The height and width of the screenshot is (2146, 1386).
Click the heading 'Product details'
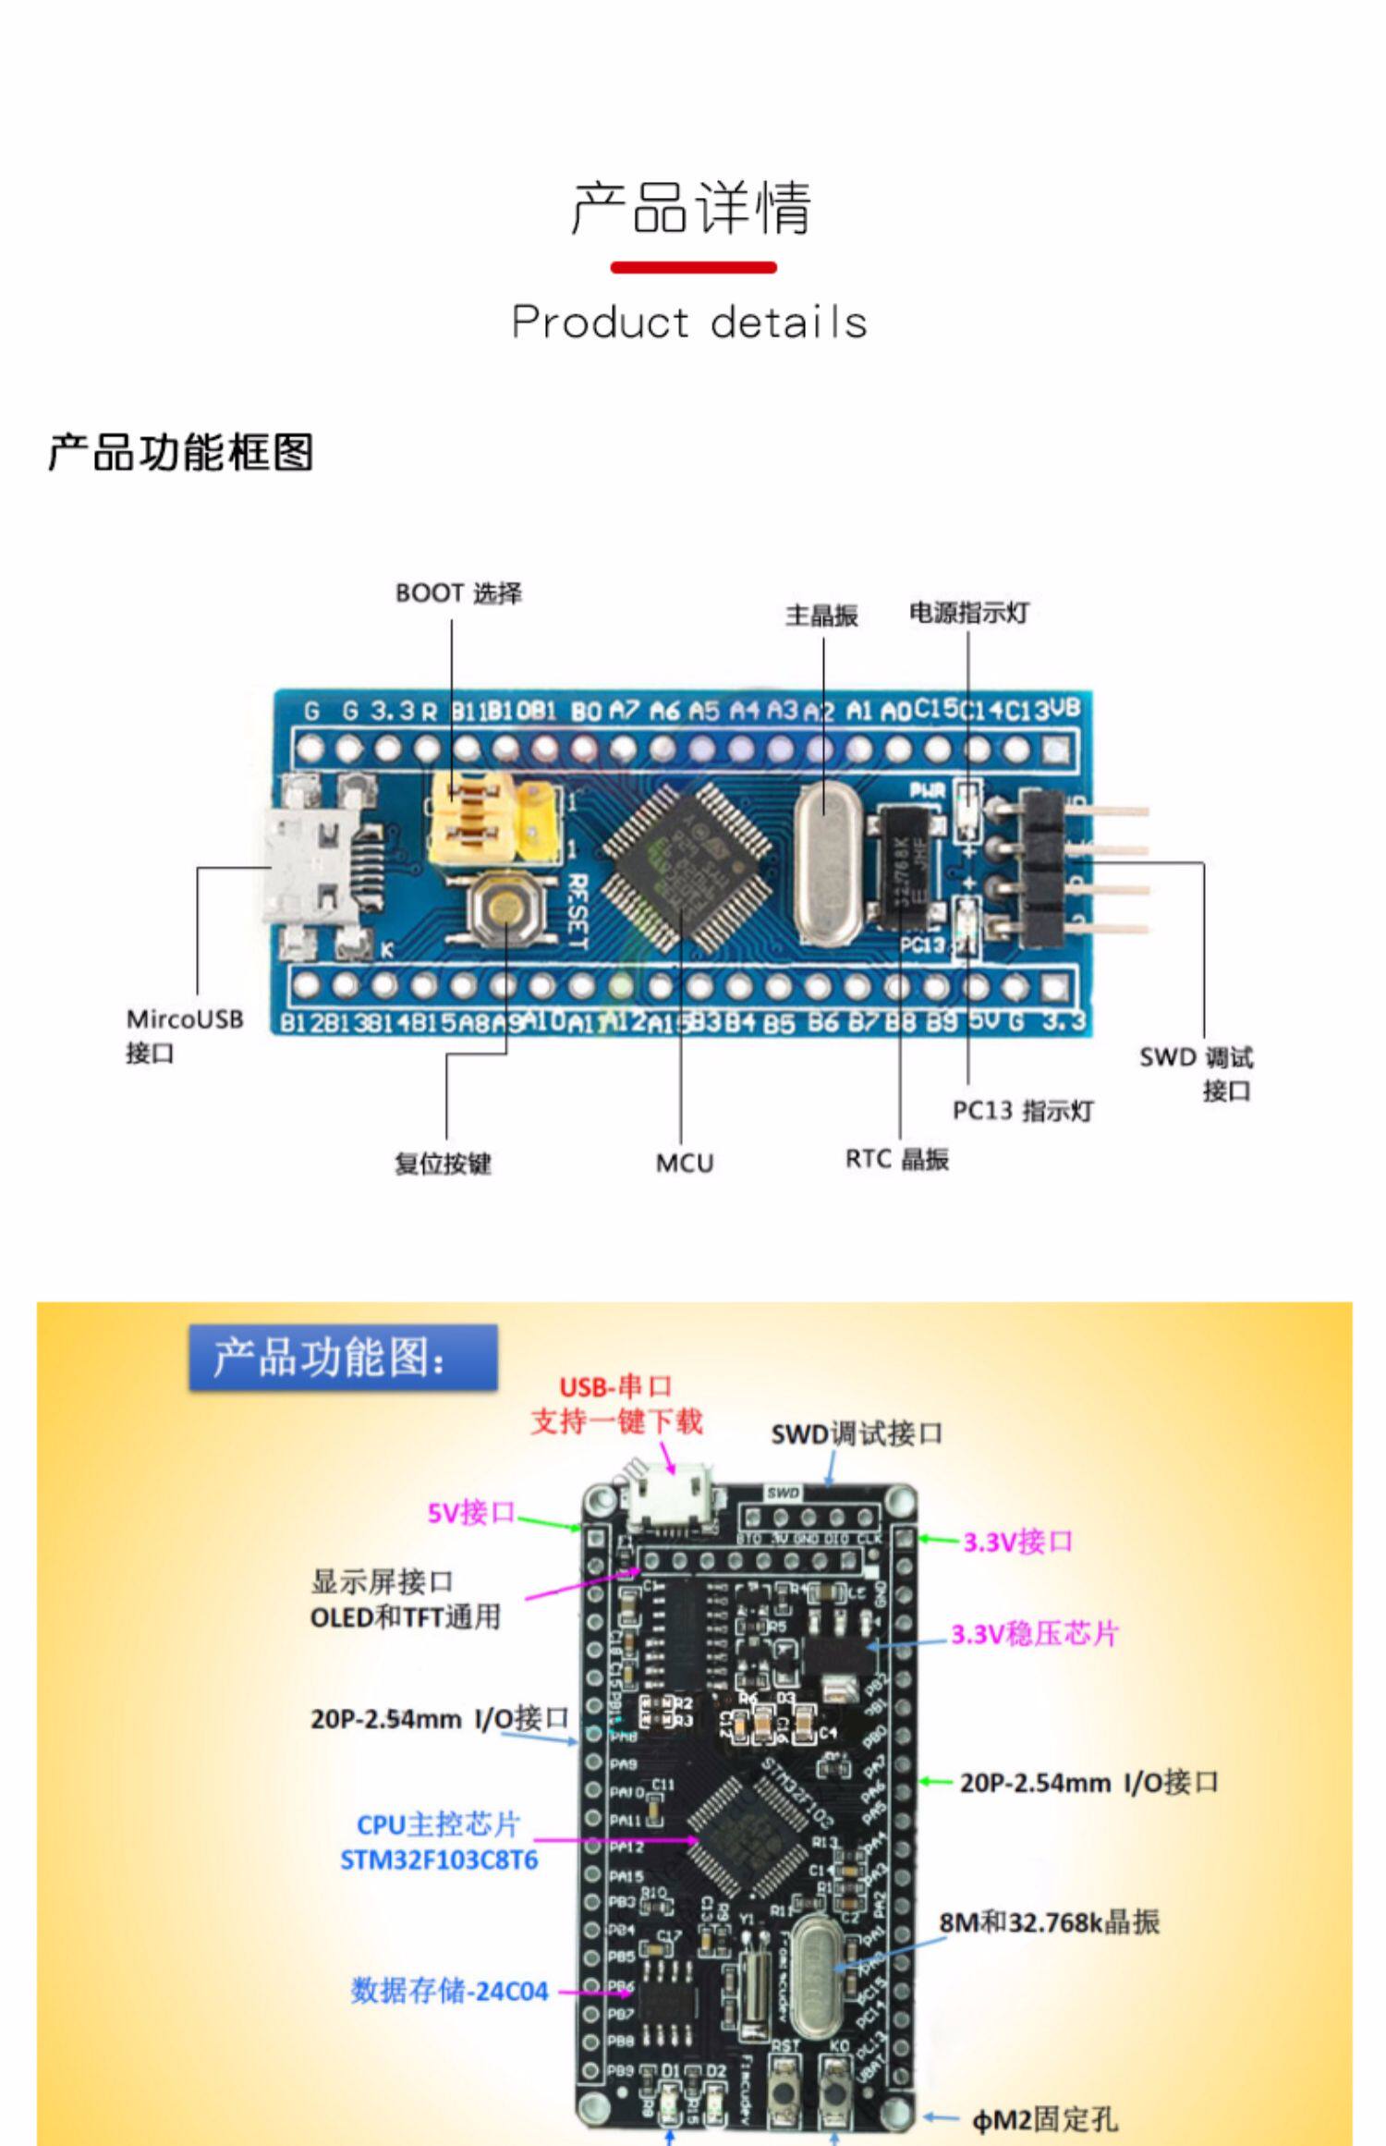pyautogui.click(x=689, y=322)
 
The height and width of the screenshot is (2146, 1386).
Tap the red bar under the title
pyautogui.click(x=693, y=268)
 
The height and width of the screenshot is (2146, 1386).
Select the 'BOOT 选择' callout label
pyautogui.click(x=458, y=593)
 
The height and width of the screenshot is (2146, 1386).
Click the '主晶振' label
pyautogui.click(x=821, y=616)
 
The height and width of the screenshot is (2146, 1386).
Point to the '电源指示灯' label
pyautogui.click(x=968, y=613)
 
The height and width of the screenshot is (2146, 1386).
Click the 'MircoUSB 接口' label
pyautogui.click(x=184, y=1035)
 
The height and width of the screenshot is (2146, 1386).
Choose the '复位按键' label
pyautogui.click(x=443, y=1163)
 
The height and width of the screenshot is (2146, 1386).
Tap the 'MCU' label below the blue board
pyautogui.click(x=685, y=1163)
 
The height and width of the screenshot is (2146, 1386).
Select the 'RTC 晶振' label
pyautogui.click(x=896, y=1159)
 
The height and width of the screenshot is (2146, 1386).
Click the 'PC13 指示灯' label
pyautogui.click(x=1023, y=1110)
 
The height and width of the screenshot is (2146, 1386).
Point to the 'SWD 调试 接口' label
pyautogui.click(x=1197, y=1073)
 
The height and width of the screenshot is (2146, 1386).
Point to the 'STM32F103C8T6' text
pyautogui.click(x=439, y=1859)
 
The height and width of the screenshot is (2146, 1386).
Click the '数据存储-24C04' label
pyautogui.click(x=449, y=1991)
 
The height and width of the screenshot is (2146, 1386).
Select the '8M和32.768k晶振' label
pyautogui.click(x=1049, y=1922)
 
